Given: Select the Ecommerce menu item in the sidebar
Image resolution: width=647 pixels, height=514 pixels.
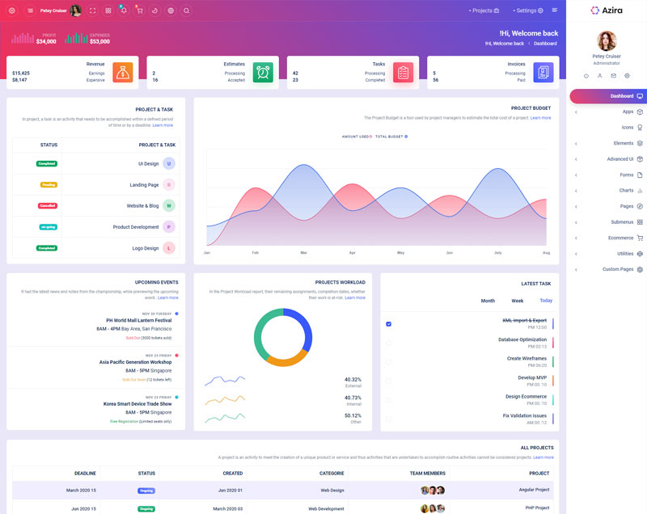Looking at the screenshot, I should pyautogui.click(x=621, y=238).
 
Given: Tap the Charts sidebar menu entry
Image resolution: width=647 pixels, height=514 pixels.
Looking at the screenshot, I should pyautogui.click(x=627, y=191).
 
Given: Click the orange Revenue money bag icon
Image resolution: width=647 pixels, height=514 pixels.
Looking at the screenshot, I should pyautogui.click(x=123, y=72).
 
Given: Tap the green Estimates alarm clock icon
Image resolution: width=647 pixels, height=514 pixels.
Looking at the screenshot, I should pyautogui.click(x=263, y=72).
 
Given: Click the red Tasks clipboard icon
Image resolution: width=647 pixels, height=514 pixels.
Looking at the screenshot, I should pyautogui.click(x=403, y=72).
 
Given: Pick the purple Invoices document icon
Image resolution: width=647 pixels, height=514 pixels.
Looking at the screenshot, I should pyautogui.click(x=543, y=72).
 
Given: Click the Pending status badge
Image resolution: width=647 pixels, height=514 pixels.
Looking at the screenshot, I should pyautogui.click(x=49, y=185).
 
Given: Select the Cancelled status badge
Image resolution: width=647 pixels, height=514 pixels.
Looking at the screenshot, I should pyautogui.click(x=48, y=205).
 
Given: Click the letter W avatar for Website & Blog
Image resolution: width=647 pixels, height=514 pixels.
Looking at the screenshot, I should pyautogui.click(x=169, y=205).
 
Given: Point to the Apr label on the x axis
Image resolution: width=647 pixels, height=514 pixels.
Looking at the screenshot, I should pyautogui.click(x=352, y=253).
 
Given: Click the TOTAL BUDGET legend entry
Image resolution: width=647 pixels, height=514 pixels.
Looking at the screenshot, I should pyautogui.click(x=391, y=137).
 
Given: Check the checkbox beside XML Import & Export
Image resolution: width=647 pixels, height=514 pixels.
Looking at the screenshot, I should pyautogui.click(x=388, y=324).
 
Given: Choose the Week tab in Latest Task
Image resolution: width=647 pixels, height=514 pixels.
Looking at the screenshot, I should pyautogui.click(x=518, y=301).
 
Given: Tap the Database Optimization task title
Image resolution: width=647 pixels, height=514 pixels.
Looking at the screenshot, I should pyautogui.click(x=522, y=339).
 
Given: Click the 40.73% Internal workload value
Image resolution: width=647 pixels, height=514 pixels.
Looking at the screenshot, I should pyautogui.click(x=353, y=398).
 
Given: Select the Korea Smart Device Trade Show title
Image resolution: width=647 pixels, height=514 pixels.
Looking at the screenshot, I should pyautogui.click(x=137, y=403).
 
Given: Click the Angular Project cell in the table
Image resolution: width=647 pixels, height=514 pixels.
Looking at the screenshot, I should pyautogui.click(x=534, y=490).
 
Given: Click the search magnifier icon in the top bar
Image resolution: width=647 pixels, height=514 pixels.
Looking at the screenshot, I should pyautogui.click(x=186, y=11).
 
